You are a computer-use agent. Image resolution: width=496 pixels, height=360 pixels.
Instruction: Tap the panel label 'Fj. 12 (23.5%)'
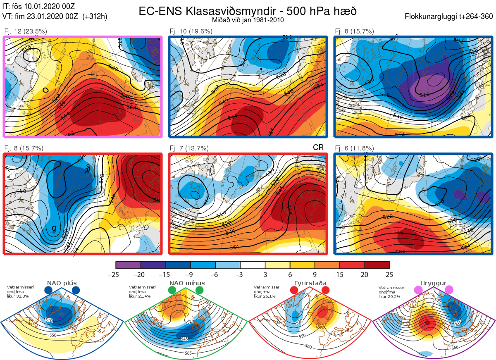point(26,31)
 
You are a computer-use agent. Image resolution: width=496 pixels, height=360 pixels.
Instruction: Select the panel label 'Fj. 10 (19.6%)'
point(191,31)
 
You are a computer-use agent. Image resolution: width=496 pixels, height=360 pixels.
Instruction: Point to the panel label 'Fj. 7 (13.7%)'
point(189,148)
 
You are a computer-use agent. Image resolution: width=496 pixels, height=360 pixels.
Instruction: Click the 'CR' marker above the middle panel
point(318,148)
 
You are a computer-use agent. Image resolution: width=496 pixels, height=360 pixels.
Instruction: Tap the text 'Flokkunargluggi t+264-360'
point(449,17)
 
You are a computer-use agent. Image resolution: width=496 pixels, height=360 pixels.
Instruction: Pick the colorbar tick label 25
point(389,274)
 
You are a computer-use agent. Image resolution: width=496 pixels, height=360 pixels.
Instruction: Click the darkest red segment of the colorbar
point(377,265)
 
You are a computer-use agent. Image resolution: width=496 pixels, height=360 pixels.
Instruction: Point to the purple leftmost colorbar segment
point(128,265)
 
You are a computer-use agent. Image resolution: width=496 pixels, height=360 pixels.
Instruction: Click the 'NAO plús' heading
point(62,283)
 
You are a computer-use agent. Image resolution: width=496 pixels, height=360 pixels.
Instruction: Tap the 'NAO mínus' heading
point(187,283)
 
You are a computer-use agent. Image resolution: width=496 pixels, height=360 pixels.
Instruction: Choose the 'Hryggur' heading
point(434,283)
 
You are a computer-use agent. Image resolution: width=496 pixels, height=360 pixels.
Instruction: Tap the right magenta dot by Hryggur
point(449,291)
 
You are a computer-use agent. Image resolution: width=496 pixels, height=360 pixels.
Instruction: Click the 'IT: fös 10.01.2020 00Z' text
point(40,6)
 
